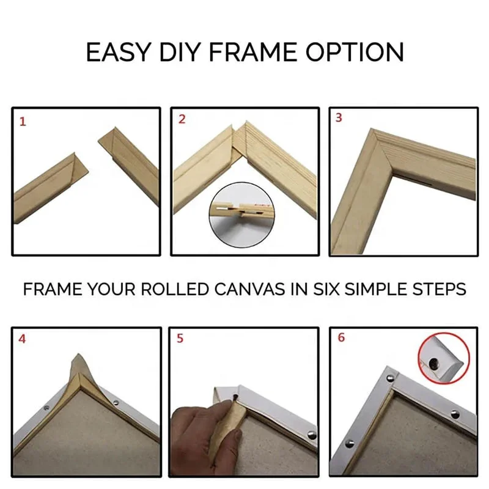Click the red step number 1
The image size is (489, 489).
[x=23, y=122]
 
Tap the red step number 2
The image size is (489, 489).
[x=182, y=119]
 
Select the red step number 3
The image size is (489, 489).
[x=339, y=118]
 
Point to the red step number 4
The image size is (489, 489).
[x=23, y=339]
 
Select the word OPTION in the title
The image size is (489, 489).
[x=355, y=53]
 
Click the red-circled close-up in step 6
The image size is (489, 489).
[x=443, y=358]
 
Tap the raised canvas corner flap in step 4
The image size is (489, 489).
[x=78, y=373]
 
